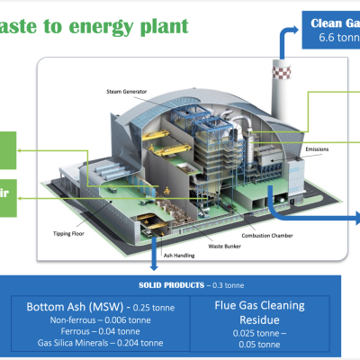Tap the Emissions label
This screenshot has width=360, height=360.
coord(322,148)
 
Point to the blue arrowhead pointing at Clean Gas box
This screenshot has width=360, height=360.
coord(301,30)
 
